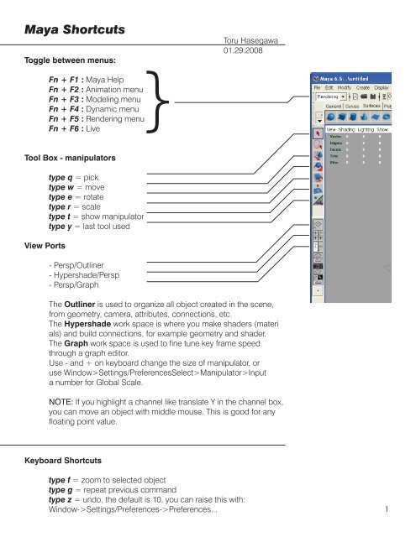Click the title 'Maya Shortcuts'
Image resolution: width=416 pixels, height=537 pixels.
(74, 30)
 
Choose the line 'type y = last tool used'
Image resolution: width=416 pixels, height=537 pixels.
(96, 226)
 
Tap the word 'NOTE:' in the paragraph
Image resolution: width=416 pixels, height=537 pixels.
(66, 404)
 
